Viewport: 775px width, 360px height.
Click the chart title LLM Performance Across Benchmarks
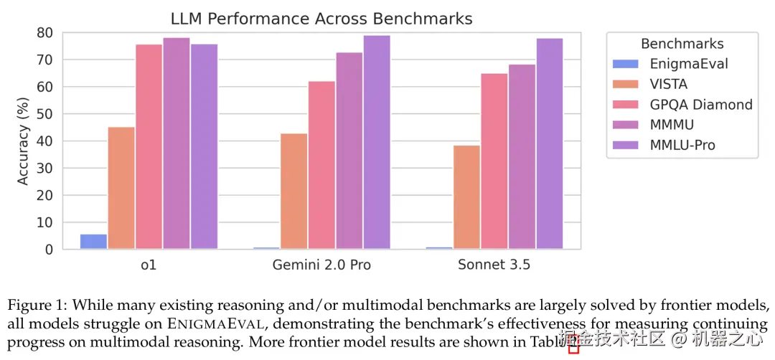pyautogui.click(x=321, y=18)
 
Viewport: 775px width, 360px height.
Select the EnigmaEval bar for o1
pyautogui.click(x=93, y=242)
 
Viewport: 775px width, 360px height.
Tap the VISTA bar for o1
pyautogui.click(x=121, y=188)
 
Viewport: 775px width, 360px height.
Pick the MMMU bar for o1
pyautogui.click(x=177, y=143)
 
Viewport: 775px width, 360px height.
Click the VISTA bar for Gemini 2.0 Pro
pyautogui.click(x=294, y=191)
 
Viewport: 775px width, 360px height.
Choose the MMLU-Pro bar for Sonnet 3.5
pyautogui.click(x=550, y=143)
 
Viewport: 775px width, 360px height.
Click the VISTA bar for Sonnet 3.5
pyautogui.click(x=466, y=197)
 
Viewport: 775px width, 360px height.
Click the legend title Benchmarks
pyautogui.click(x=682, y=44)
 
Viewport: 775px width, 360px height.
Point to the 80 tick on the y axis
pyautogui.click(x=45, y=32)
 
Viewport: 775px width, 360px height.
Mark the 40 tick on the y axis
pyautogui.click(x=45, y=141)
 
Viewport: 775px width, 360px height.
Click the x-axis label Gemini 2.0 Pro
pyautogui.click(x=321, y=265)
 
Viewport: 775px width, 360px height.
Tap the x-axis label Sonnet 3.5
pyautogui.click(x=494, y=265)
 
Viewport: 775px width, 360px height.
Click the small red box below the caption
pyautogui.click(x=573, y=349)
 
